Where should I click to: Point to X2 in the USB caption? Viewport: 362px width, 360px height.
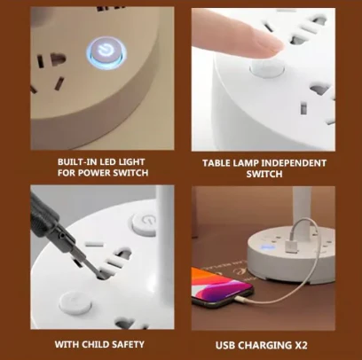click(311, 343)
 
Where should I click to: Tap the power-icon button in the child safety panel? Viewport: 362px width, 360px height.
click(142, 222)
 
